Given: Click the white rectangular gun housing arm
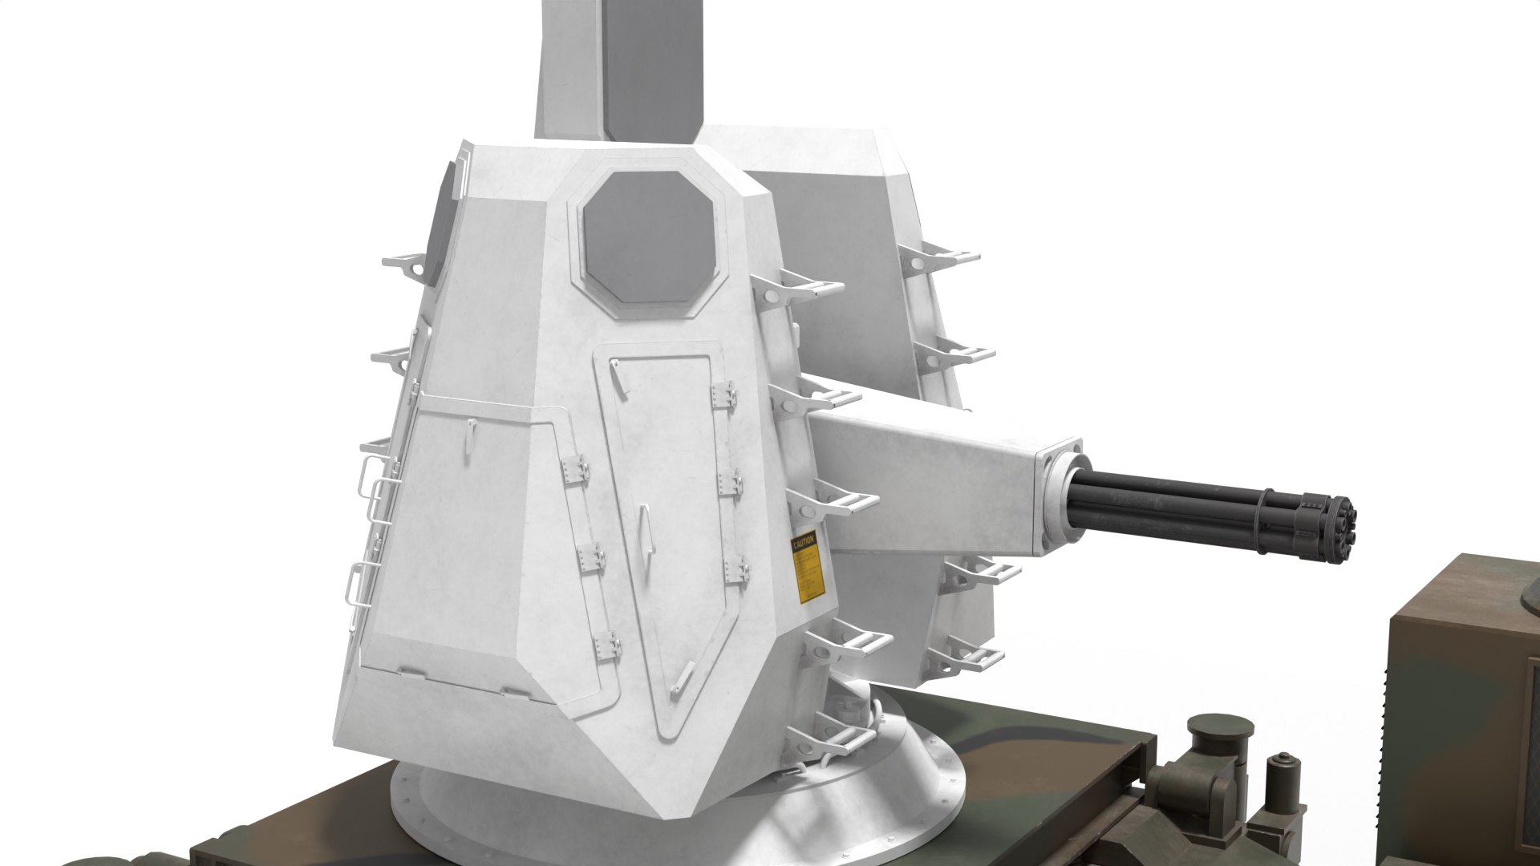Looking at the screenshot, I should click(930, 481).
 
